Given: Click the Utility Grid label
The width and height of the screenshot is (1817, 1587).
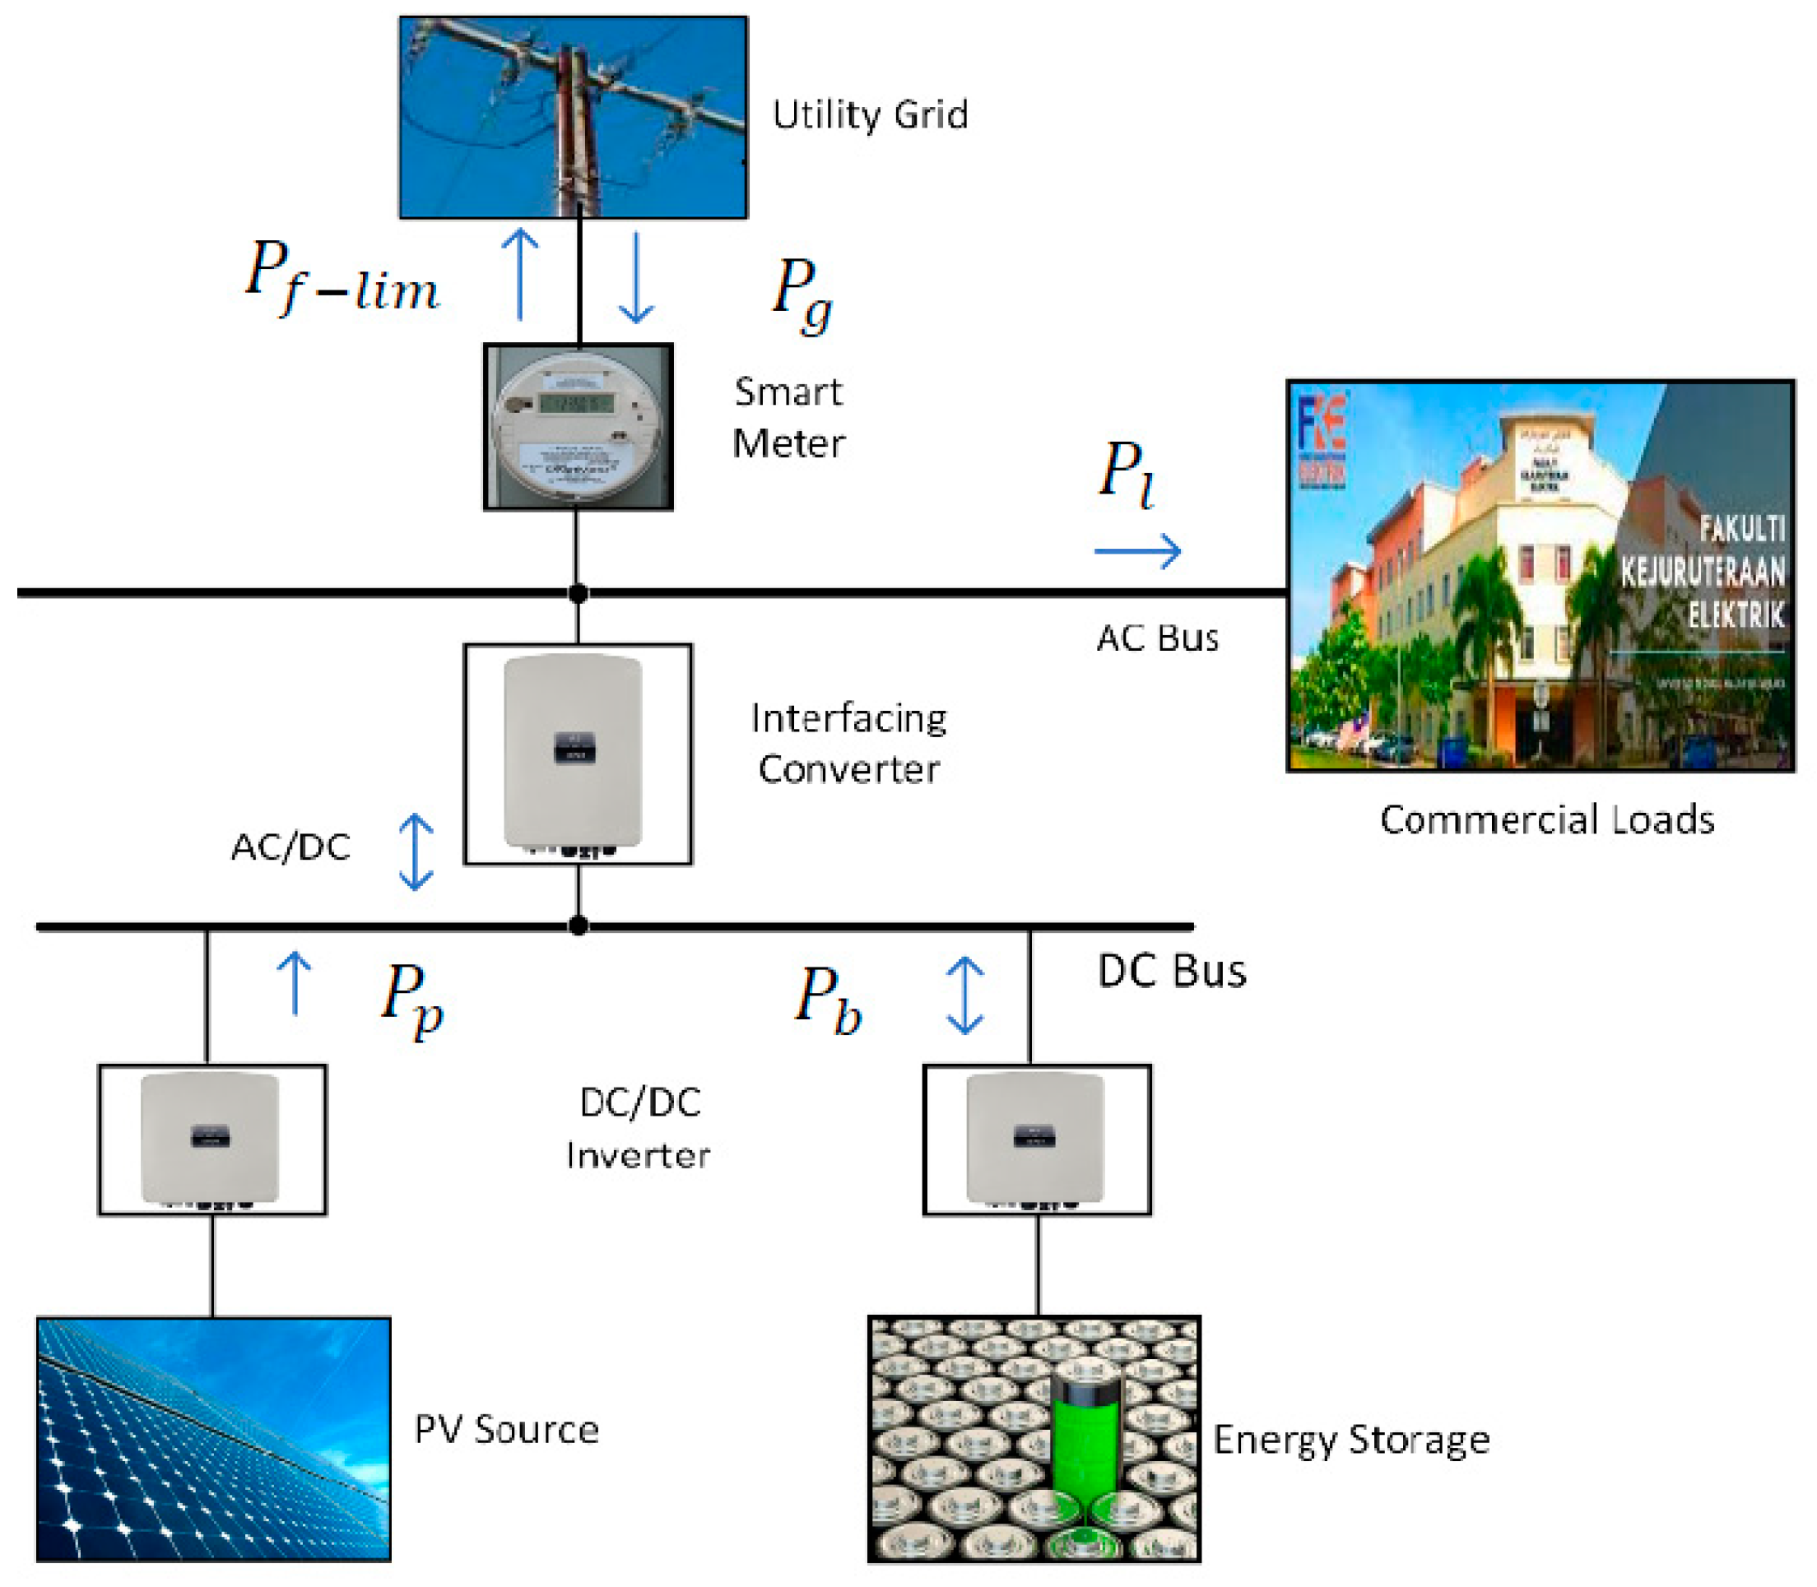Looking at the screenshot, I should point(869,115).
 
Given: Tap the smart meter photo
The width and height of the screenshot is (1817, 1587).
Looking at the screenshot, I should point(578,427).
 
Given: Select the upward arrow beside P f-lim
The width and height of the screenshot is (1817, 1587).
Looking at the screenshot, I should point(520,275).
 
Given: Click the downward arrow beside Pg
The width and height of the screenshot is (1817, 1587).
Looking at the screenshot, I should point(635,277).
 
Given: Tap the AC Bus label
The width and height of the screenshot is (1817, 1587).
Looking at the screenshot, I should point(1157,638).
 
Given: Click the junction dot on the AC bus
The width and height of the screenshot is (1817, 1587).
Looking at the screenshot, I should point(578,592).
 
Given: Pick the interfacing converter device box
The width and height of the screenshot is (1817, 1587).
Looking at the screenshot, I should point(578,754).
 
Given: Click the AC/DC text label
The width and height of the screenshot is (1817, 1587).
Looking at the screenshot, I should point(290,847).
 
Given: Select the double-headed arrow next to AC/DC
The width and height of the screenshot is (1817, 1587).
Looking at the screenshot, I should point(415,851).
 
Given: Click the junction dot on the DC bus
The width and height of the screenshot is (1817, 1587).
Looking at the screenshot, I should point(578,926).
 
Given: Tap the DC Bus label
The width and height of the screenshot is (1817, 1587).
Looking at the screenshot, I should point(1171,972).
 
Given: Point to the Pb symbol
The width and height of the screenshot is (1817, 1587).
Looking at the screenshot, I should point(827,1000).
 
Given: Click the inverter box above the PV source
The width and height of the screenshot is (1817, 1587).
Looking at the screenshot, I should point(211,1139).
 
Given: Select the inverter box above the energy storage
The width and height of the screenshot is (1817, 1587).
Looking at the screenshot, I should point(1037,1139).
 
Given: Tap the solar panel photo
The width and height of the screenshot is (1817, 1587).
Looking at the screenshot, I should point(212,1438).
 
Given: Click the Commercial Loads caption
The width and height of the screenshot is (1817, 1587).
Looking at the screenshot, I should point(1546,820).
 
